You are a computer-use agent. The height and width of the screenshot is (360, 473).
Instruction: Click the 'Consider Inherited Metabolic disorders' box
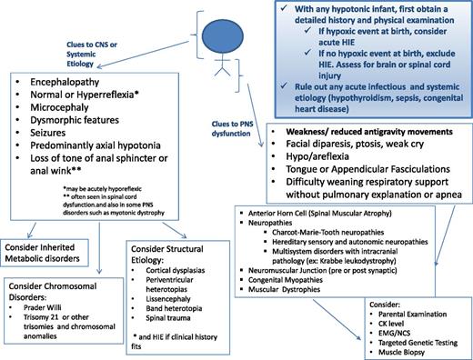click(57, 254)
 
